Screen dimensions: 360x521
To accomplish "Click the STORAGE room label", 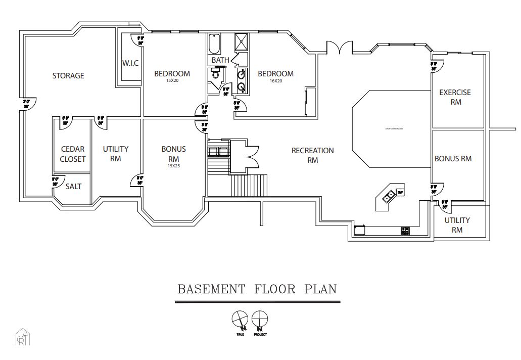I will [x=68, y=76].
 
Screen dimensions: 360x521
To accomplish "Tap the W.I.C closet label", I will [x=130, y=63].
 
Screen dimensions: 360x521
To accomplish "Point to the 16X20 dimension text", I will [x=275, y=81].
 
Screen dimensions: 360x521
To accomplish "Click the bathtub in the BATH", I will [x=214, y=44].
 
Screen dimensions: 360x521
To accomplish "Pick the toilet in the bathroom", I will [x=216, y=75].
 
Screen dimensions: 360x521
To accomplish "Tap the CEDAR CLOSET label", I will [x=73, y=154].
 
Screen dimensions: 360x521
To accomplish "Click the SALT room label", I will [x=73, y=187].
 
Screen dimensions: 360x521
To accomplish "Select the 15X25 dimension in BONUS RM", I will [x=173, y=165].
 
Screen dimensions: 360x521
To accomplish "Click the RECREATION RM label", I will [x=312, y=155].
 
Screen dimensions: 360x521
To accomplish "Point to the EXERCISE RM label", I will [x=455, y=97].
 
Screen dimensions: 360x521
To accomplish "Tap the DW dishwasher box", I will [x=400, y=192].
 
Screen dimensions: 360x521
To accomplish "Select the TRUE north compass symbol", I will [x=239, y=320].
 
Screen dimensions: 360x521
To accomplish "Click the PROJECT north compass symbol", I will [x=260, y=320].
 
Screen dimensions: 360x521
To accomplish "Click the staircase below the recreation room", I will [x=249, y=186].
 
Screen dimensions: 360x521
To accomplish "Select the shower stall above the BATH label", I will [x=241, y=42].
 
